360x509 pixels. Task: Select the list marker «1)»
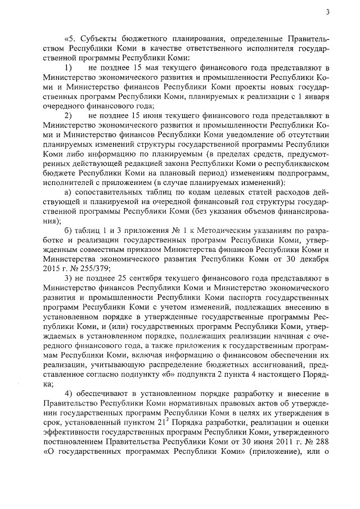[67, 67]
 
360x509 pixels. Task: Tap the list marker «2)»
[67, 116]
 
